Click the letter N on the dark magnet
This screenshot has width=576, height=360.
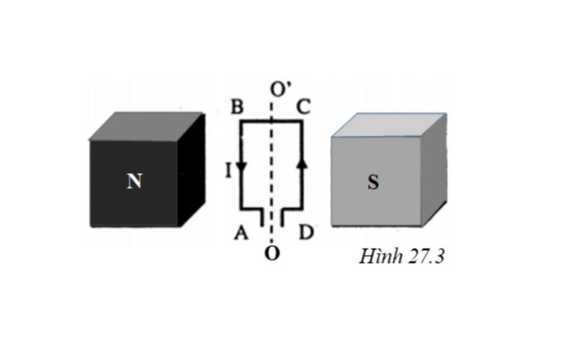point(134,181)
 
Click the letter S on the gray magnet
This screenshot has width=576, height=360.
point(373,182)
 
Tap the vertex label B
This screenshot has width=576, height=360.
point(237,107)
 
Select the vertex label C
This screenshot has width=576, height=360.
point(303,107)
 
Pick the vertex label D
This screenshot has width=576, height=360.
point(306,232)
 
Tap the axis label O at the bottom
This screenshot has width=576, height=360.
point(272,254)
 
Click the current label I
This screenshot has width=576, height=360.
point(228,170)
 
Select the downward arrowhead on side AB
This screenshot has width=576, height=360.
point(241,166)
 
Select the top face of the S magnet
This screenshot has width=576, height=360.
point(390,125)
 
